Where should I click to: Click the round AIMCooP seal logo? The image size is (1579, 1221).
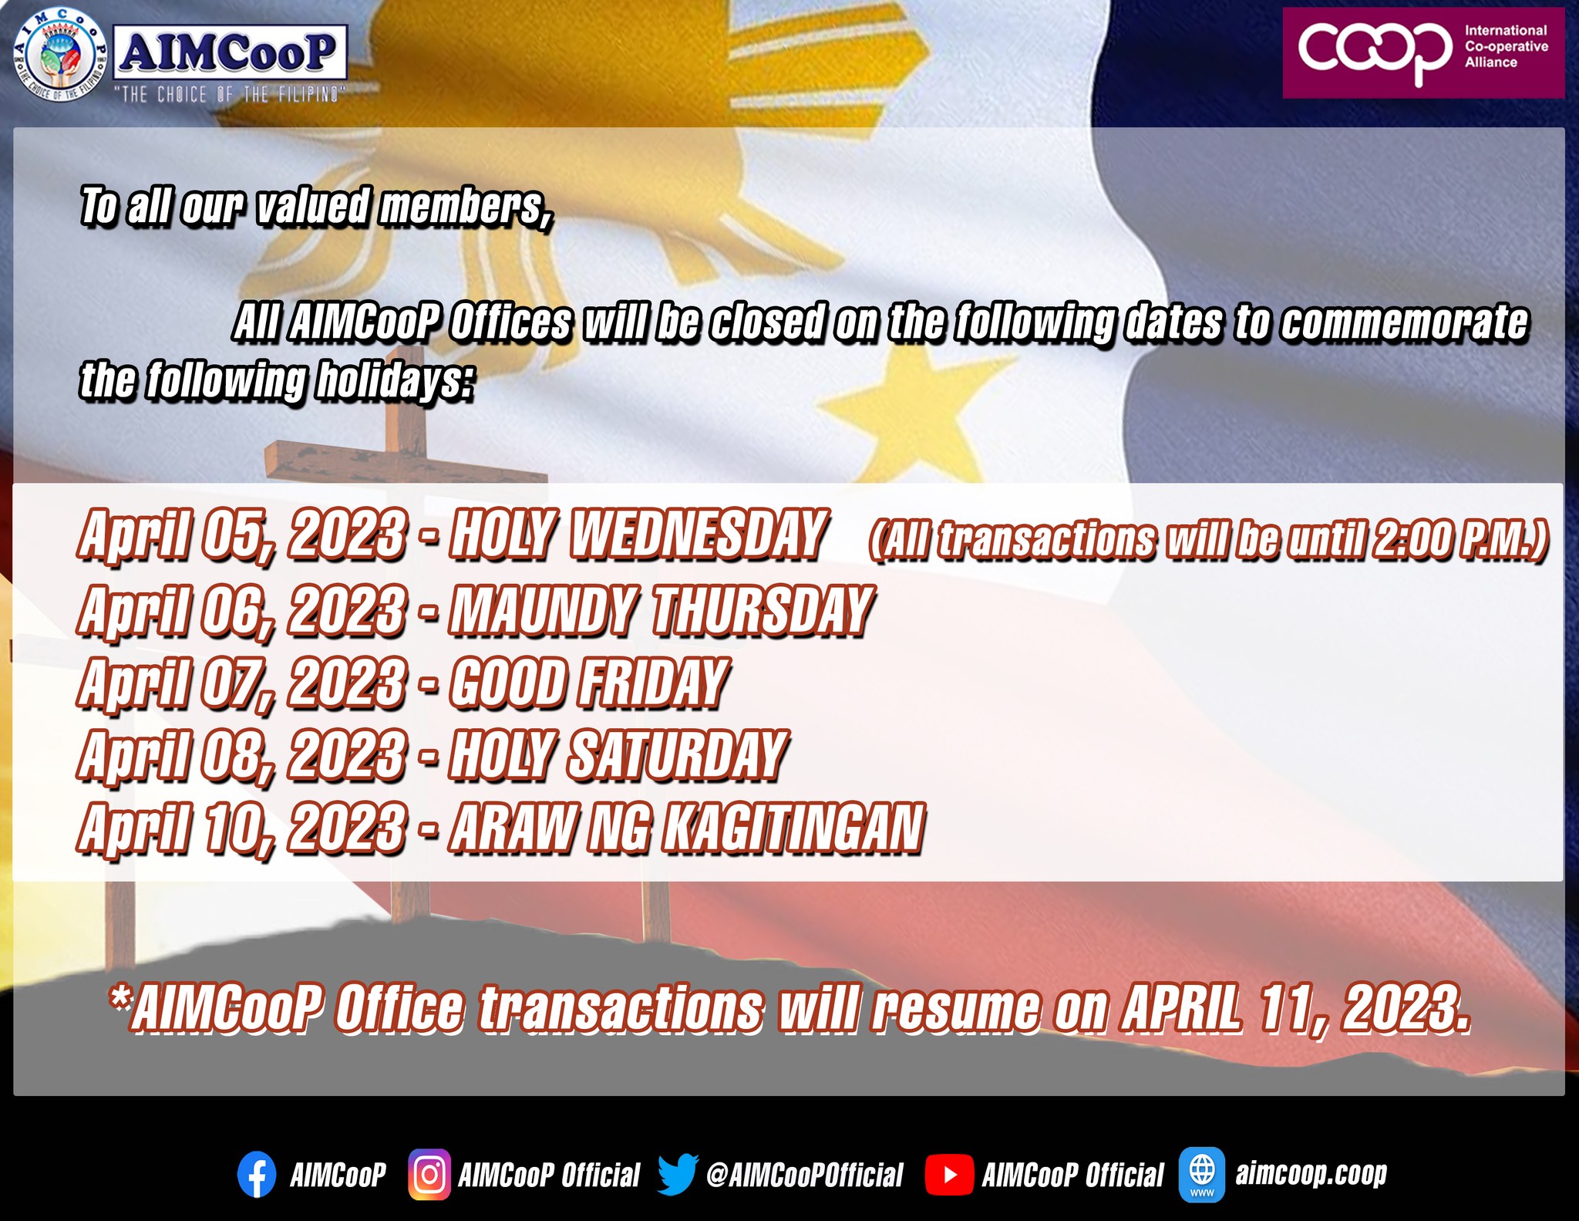click(x=61, y=56)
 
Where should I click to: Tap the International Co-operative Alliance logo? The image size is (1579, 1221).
click(x=1423, y=53)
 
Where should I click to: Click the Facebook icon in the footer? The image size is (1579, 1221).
click(x=257, y=1174)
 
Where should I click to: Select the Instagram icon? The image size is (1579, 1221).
click(x=429, y=1175)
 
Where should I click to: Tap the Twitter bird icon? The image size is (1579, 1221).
click(x=678, y=1174)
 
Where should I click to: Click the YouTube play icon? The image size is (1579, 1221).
click(x=948, y=1175)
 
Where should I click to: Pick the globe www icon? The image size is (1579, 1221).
click(x=1202, y=1174)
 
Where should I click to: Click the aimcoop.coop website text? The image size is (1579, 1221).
click(x=1311, y=1173)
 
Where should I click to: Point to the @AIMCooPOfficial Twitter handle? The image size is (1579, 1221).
click(x=804, y=1175)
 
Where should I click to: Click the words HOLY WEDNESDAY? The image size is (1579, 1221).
click(x=639, y=533)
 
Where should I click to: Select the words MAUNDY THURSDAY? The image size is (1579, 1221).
click(x=662, y=609)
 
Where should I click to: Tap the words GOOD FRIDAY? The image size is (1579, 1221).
click(x=589, y=682)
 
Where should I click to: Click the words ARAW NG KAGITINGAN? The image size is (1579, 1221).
click(x=687, y=827)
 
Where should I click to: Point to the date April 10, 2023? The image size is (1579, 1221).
click(x=242, y=828)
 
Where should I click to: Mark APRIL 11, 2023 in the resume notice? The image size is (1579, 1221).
click(x=1296, y=1007)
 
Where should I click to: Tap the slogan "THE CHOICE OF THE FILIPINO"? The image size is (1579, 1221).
click(x=230, y=94)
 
